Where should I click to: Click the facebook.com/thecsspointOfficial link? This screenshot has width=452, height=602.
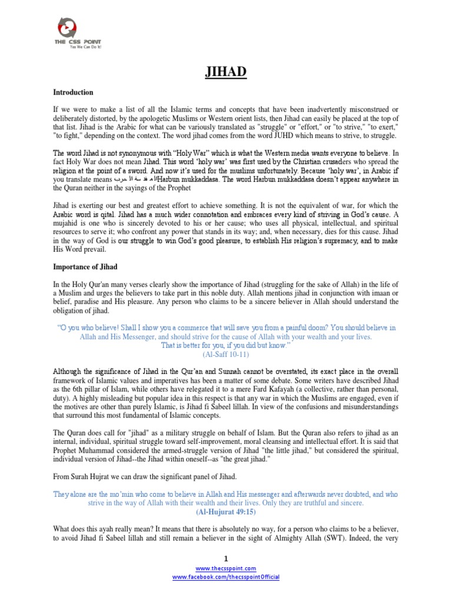click(225, 577)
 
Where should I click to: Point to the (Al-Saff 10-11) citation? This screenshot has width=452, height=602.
click(225, 356)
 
